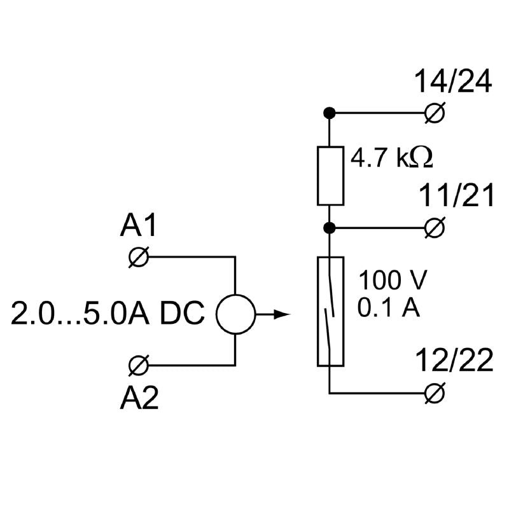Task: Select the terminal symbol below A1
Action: coord(138,258)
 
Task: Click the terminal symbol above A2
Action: coord(138,365)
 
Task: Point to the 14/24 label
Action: coord(453,82)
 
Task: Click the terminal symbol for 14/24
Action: coord(435,114)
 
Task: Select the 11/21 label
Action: coord(456,197)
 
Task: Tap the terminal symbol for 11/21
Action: coord(435,227)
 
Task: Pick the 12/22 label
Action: coord(454,361)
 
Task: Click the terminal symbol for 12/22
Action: coord(435,393)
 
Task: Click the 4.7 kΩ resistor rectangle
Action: coord(330,176)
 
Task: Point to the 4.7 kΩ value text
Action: coord(392,158)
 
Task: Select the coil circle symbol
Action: coord(235,314)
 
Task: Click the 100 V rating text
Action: coord(392,280)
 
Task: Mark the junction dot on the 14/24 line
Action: coord(330,114)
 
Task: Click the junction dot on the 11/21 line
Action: coord(330,227)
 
